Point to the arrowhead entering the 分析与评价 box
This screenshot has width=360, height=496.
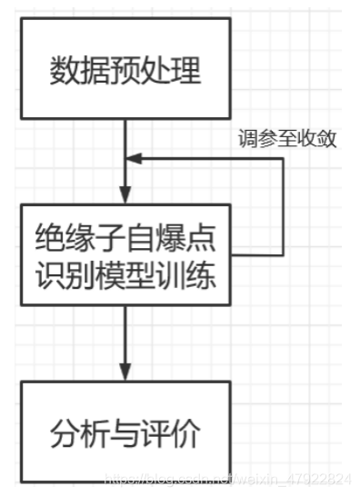(125, 373)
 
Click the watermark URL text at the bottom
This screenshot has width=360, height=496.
(227, 479)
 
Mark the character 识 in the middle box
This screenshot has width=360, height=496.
(49, 273)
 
